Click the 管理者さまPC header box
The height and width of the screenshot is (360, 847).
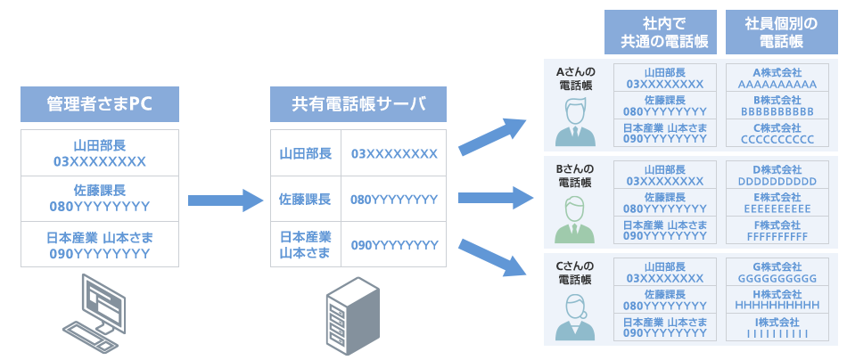point(99,104)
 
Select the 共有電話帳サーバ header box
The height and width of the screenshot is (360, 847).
point(358,104)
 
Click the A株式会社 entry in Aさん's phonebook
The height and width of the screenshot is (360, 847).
point(771,78)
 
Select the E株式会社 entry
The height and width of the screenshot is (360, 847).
point(771,202)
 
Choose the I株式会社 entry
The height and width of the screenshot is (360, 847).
point(771,327)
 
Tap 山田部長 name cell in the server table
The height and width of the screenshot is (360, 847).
point(305,154)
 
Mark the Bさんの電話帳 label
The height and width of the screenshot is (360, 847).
point(575,175)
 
